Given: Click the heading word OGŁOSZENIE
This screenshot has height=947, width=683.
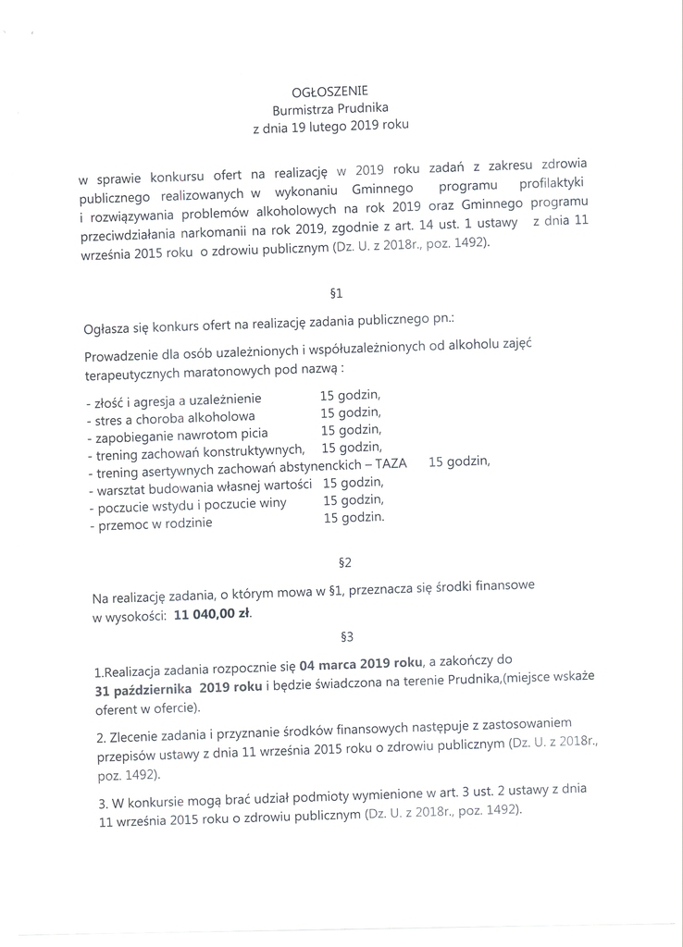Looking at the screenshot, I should tap(329, 91).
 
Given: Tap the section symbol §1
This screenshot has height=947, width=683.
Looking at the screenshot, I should tap(336, 294).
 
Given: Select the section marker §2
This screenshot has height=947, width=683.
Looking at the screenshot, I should tap(341, 560).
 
